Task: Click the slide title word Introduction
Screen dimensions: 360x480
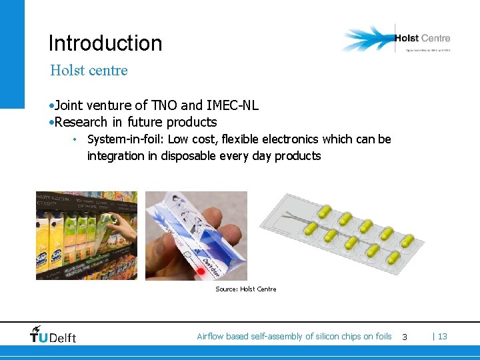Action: pyautogui.click(x=105, y=43)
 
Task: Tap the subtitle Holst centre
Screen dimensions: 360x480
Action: pyautogui.click(x=89, y=70)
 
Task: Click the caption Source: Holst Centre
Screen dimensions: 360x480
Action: pyautogui.click(x=245, y=289)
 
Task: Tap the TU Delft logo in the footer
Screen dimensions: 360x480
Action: pyautogui.click(x=53, y=335)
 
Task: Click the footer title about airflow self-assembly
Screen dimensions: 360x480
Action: pyautogui.click(x=294, y=337)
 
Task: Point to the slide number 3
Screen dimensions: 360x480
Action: pyautogui.click(x=404, y=337)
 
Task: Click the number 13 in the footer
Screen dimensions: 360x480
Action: pyautogui.click(x=443, y=337)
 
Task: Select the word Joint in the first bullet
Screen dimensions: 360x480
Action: pyautogui.click(x=69, y=105)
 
